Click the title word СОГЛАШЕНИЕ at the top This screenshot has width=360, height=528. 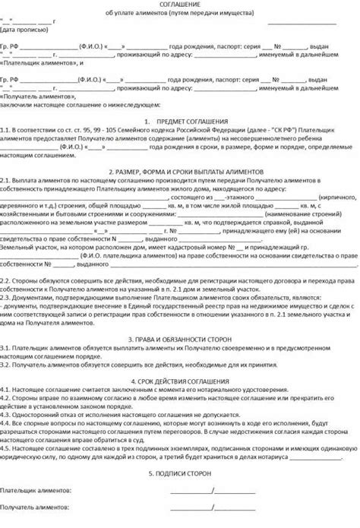coord(180,5)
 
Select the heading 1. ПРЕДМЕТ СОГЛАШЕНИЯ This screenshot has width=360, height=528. coord(180,121)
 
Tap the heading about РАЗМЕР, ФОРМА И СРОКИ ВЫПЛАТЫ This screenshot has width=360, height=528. coord(180,171)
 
